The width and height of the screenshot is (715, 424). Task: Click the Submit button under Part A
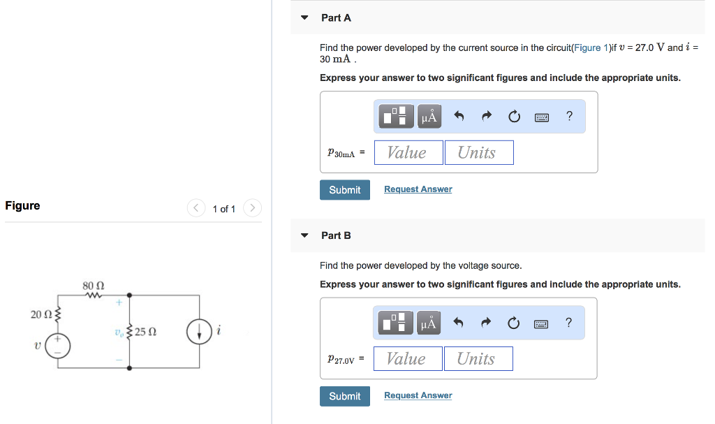(x=345, y=190)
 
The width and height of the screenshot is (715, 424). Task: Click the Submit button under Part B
(x=345, y=396)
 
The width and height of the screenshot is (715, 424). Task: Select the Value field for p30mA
(x=408, y=152)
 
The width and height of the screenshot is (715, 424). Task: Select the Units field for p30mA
(x=479, y=152)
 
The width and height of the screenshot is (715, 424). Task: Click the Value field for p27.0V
(x=408, y=359)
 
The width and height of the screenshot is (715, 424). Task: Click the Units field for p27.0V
(x=478, y=359)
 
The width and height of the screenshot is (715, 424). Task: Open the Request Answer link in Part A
(x=418, y=189)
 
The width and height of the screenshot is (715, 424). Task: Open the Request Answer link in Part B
(x=418, y=395)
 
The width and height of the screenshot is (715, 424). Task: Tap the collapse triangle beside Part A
(x=304, y=18)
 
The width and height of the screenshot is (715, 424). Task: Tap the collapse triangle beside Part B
(x=304, y=235)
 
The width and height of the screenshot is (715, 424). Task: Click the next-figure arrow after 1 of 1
(x=253, y=208)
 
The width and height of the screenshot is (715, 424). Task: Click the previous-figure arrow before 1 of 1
(x=196, y=208)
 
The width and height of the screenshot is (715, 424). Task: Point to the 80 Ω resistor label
(x=93, y=286)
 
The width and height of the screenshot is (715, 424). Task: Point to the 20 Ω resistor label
(x=40, y=314)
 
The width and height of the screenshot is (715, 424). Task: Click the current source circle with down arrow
(x=200, y=332)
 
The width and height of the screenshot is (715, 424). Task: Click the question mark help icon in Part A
(x=569, y=117)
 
